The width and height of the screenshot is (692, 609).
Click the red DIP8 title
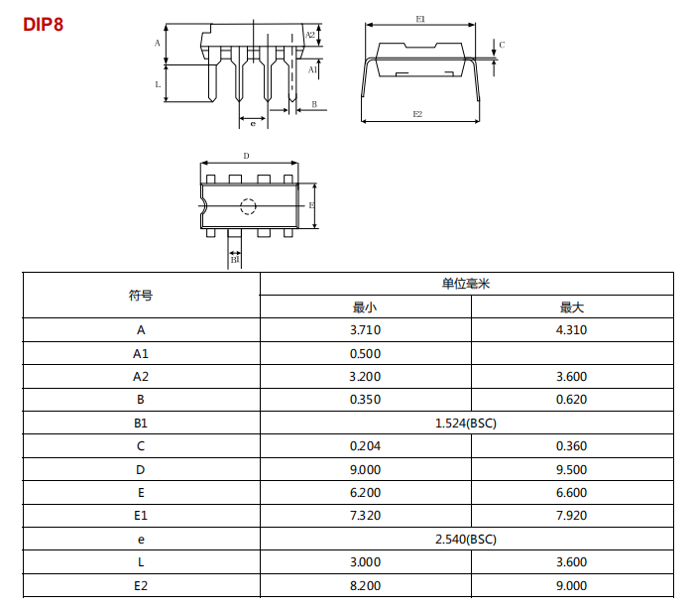click(43, 24)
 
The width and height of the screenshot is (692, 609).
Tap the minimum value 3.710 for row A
click(365, 330)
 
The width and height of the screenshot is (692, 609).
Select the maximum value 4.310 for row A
click(571, 330)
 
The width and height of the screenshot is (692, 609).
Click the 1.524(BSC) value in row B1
click(466, 424)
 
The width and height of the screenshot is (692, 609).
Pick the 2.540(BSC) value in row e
click(466, 540)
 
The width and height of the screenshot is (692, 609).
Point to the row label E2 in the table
click(141, 585)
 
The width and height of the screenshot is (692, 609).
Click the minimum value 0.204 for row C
click(365, 446)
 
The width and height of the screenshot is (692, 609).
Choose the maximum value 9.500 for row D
click(571, 469)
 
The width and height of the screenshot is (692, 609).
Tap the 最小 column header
click(365, 307)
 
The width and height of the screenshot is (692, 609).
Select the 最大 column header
click(571, 307)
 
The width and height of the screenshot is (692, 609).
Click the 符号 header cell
click(141, 295)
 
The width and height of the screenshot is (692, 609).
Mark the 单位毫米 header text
click(466, 284)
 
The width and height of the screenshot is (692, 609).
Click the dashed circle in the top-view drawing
click(248, 206)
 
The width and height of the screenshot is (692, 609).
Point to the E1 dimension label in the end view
click(420, 19)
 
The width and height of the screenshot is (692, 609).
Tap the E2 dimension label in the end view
click(417, 114)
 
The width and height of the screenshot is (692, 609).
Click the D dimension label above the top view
click(246, 156)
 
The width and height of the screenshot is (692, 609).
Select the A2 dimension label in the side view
click(310, 35)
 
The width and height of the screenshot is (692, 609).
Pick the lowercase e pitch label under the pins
click(253, 124)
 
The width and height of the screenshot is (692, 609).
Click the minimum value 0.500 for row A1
click(365, 354)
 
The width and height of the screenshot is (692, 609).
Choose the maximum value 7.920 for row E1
click(571, 516)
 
